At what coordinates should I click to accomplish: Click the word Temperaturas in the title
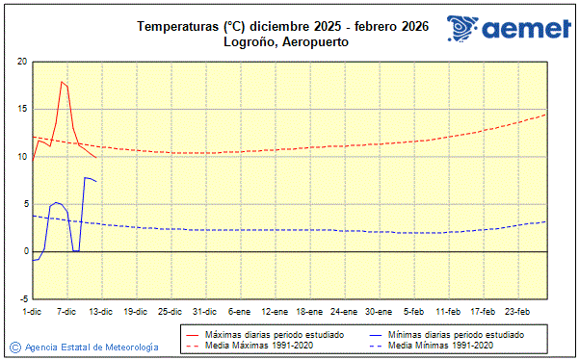178,26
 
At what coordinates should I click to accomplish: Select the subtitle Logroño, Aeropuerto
284,42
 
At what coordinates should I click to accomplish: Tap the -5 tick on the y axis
22,298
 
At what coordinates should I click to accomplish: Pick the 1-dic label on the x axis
32,311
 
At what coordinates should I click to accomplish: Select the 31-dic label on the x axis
204,311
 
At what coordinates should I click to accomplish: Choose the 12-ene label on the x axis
275,311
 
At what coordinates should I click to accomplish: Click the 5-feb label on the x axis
414,311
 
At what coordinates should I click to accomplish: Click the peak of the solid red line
62,82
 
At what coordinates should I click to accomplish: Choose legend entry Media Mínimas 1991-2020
444,345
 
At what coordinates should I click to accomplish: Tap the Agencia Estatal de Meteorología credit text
92,347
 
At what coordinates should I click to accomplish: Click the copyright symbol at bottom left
15,347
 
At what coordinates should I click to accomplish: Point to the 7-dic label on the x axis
66,311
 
